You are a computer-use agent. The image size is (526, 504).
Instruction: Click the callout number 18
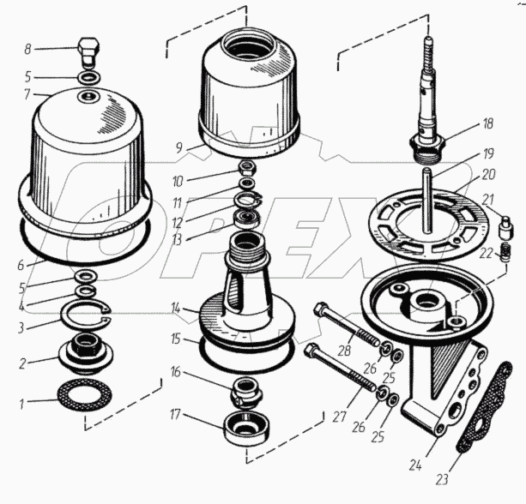488,123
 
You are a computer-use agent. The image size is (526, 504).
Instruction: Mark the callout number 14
175,307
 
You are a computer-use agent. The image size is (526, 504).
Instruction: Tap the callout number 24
414,466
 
